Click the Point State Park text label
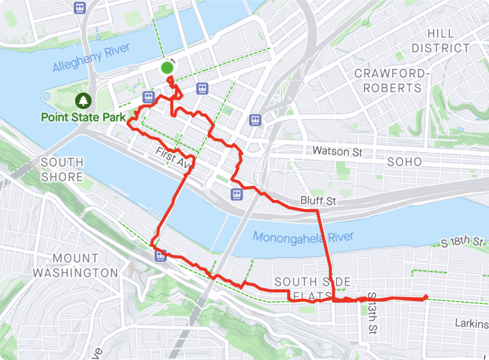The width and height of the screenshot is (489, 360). (83, 117)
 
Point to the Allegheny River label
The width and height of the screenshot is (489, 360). (91, 57)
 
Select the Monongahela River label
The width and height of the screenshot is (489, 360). (303, 237)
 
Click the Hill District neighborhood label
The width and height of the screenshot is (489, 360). (441, 41)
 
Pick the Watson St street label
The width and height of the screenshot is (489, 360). (337, 150)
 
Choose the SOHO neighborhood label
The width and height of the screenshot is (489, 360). (405, 161)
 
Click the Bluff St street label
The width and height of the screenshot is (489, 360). (318, 201)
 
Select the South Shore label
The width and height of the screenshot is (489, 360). (62, 169)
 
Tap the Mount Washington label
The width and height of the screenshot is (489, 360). (75, 266)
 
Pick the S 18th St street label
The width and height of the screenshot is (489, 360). (462, 242)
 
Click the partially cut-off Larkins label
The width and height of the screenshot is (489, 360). (472, 323)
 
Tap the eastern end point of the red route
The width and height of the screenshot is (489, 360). (425, 297)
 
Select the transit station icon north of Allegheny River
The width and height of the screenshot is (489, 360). (79, 8)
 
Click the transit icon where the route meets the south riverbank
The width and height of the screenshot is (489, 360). (161, 256)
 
